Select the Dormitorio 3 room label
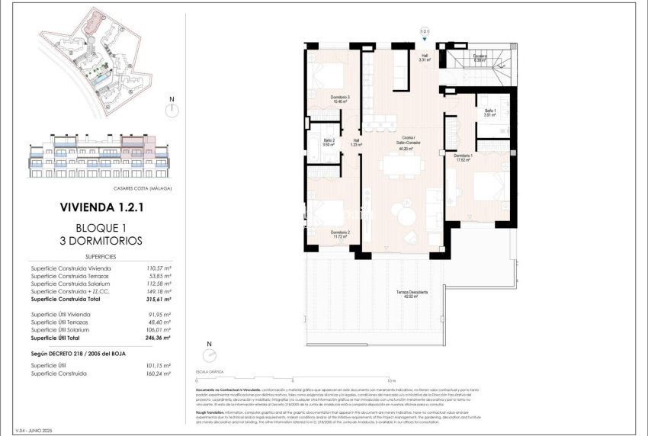[x=340, y=99]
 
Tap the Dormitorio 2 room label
[x=340, y=234]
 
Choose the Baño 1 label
[x=489, y=112]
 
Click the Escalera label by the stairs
[x=480, y=56]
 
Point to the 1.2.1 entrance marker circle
[x=425, y=32]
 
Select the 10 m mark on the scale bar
[x=391, y=379]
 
